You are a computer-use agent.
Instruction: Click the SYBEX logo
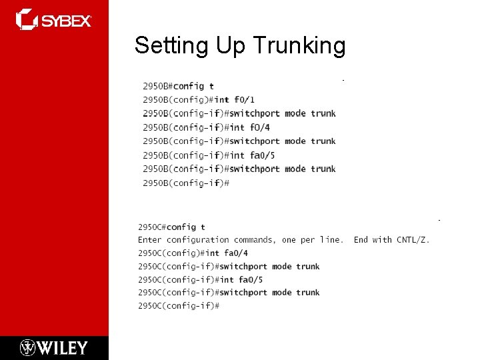coord(53,19)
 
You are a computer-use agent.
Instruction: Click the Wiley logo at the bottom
coord(53,347)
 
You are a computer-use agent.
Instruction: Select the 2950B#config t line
coord(178,86)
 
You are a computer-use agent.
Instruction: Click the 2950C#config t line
coord(171,227)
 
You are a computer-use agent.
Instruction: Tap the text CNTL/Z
coord(413,240)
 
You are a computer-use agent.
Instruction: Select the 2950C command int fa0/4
coord(227,253)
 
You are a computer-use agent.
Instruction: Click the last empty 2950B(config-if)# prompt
coord(186,183)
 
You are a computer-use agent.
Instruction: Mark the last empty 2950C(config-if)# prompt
coord(179,306)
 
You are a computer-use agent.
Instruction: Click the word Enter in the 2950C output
coord(150,240)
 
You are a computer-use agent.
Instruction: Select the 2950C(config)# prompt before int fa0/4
coord(169,253)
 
